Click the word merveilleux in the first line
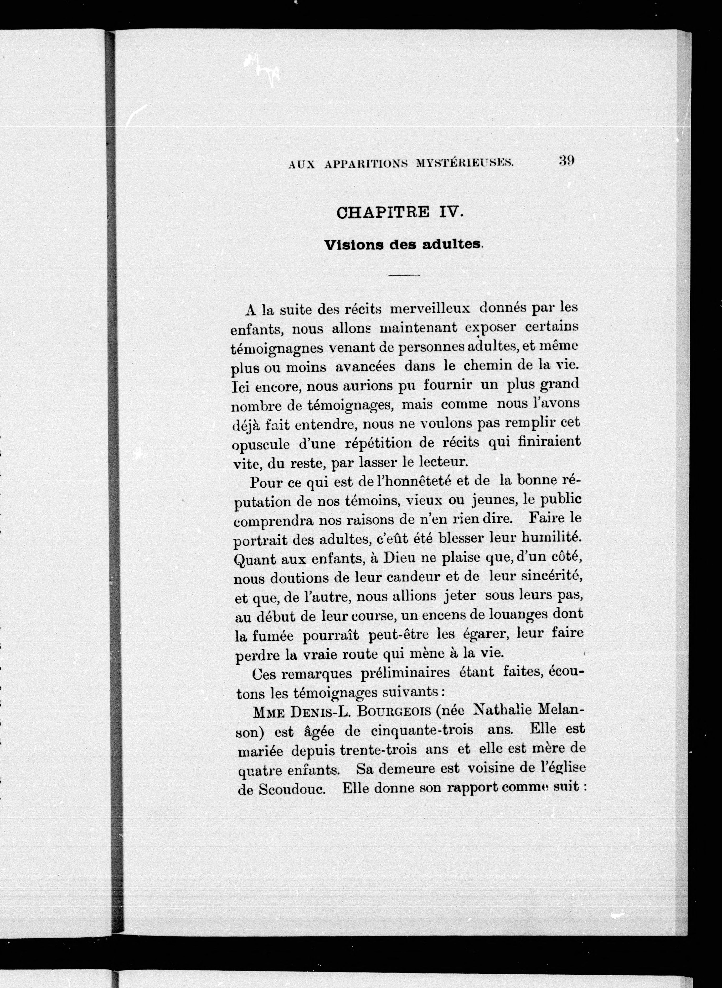point(430,308)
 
